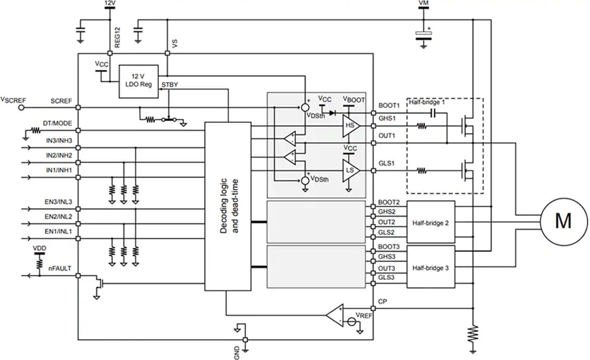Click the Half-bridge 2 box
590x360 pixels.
pos(430,221)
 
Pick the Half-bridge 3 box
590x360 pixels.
pos(430,268)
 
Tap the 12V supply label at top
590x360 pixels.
pos(109,4)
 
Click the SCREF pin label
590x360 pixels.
pos(61,101)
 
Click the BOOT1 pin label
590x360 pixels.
pos(389,105)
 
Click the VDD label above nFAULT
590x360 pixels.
pos(40,249)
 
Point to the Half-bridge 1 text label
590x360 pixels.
pos(427,102)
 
